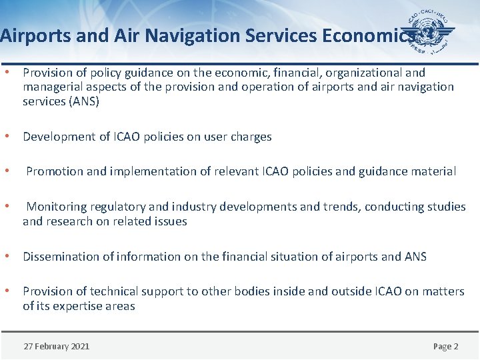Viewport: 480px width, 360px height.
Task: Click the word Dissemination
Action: coord(61,257)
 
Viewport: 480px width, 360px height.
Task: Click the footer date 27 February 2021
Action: coord(56,346)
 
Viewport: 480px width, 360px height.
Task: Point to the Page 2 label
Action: coord(445,346)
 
